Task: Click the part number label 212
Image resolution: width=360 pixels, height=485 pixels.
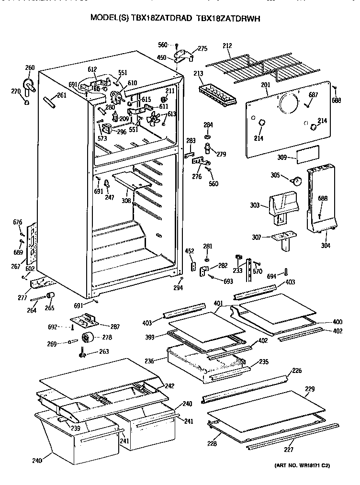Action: pyautogui.click(x=227, y=46)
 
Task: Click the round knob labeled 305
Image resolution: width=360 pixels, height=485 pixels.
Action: pyautogui.click(x=296, y=181)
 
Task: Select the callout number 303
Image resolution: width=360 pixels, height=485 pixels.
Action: pyautogui.click(x=254, y=206)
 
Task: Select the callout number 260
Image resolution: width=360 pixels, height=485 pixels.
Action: pyautogui.click(x=29, y=68)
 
